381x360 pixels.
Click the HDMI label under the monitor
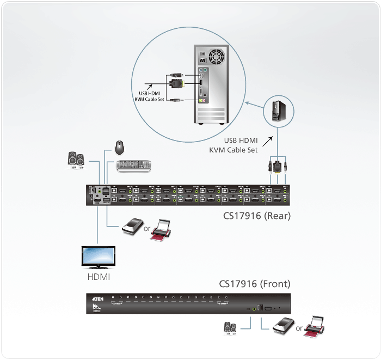(x=99, y=277)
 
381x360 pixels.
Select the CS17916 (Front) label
(x=255, y=284)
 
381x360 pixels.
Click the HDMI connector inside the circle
(x=176, y=83)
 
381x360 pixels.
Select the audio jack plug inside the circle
(x=175, y=100)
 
